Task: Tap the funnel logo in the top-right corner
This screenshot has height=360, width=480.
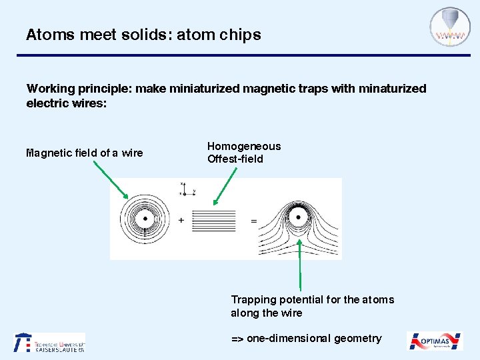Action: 450,27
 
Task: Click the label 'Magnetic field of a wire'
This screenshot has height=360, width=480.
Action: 85,153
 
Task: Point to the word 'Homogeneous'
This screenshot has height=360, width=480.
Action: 244,146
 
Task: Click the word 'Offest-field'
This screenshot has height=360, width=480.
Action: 235,159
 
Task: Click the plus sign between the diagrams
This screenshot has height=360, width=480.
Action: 181,220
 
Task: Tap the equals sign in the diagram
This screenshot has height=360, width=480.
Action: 253,220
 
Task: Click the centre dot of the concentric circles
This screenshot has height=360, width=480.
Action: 144,219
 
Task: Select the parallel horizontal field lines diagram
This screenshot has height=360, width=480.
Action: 213,220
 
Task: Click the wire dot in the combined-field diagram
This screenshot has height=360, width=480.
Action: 297,216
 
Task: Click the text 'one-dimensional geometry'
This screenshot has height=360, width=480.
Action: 314,339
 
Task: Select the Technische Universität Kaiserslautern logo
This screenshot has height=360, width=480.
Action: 50,342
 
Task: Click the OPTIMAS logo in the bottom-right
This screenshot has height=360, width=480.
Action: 435,341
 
